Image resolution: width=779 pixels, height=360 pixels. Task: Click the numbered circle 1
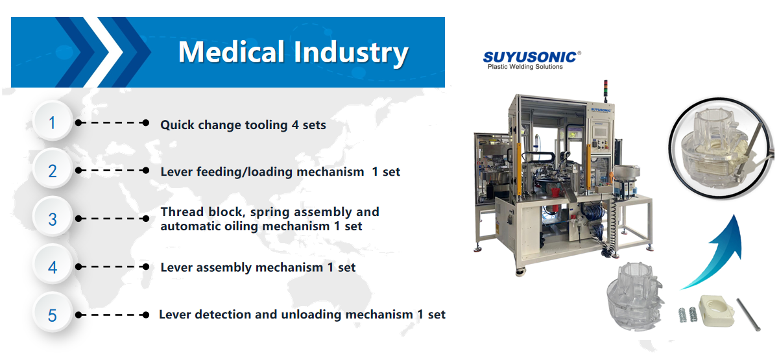[52, 122]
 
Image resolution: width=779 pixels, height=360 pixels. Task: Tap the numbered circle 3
[52, 219]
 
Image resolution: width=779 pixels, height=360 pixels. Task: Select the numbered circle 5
[52, 315]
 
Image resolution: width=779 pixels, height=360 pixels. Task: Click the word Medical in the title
[232, 51]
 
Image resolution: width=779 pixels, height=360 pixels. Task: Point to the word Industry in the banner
[351, 53]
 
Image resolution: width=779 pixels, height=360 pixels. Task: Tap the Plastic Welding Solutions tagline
[525, 67]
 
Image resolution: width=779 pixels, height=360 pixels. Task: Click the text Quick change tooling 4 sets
[243, 125]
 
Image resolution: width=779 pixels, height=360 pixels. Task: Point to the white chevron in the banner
[104, 52]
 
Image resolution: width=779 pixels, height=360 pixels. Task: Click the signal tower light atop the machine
[605, 90]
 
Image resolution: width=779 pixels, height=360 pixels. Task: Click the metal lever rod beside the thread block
[748, 315]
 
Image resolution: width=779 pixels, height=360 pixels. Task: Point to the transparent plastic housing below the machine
[635, 296]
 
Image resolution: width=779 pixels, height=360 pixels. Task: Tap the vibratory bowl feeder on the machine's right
[626, 173]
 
